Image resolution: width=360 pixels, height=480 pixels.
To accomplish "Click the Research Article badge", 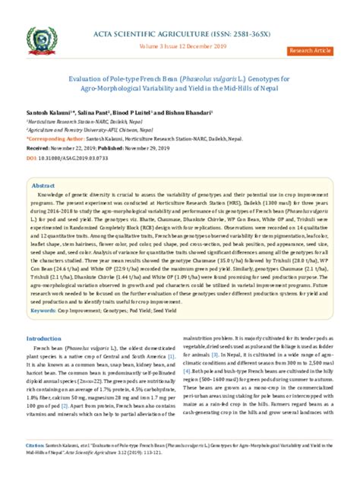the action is pos(310,50).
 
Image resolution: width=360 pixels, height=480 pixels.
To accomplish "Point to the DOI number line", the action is pos(68,158).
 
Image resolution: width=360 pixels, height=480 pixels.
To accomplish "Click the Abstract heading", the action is pos(43,185).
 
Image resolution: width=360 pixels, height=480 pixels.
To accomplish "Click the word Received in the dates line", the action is pos(39,149).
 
